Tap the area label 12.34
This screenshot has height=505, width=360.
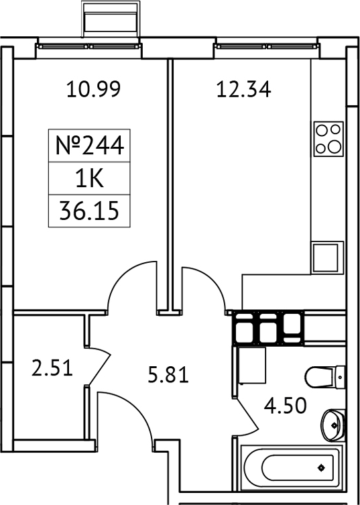(x=243, y=89)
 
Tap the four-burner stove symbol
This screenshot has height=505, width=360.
(x=328, y=138)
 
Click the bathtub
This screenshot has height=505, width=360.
(x=289, y=467)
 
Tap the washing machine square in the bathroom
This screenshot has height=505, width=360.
(x=252, y=365)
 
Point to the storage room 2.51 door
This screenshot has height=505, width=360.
(x=99, y=368)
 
